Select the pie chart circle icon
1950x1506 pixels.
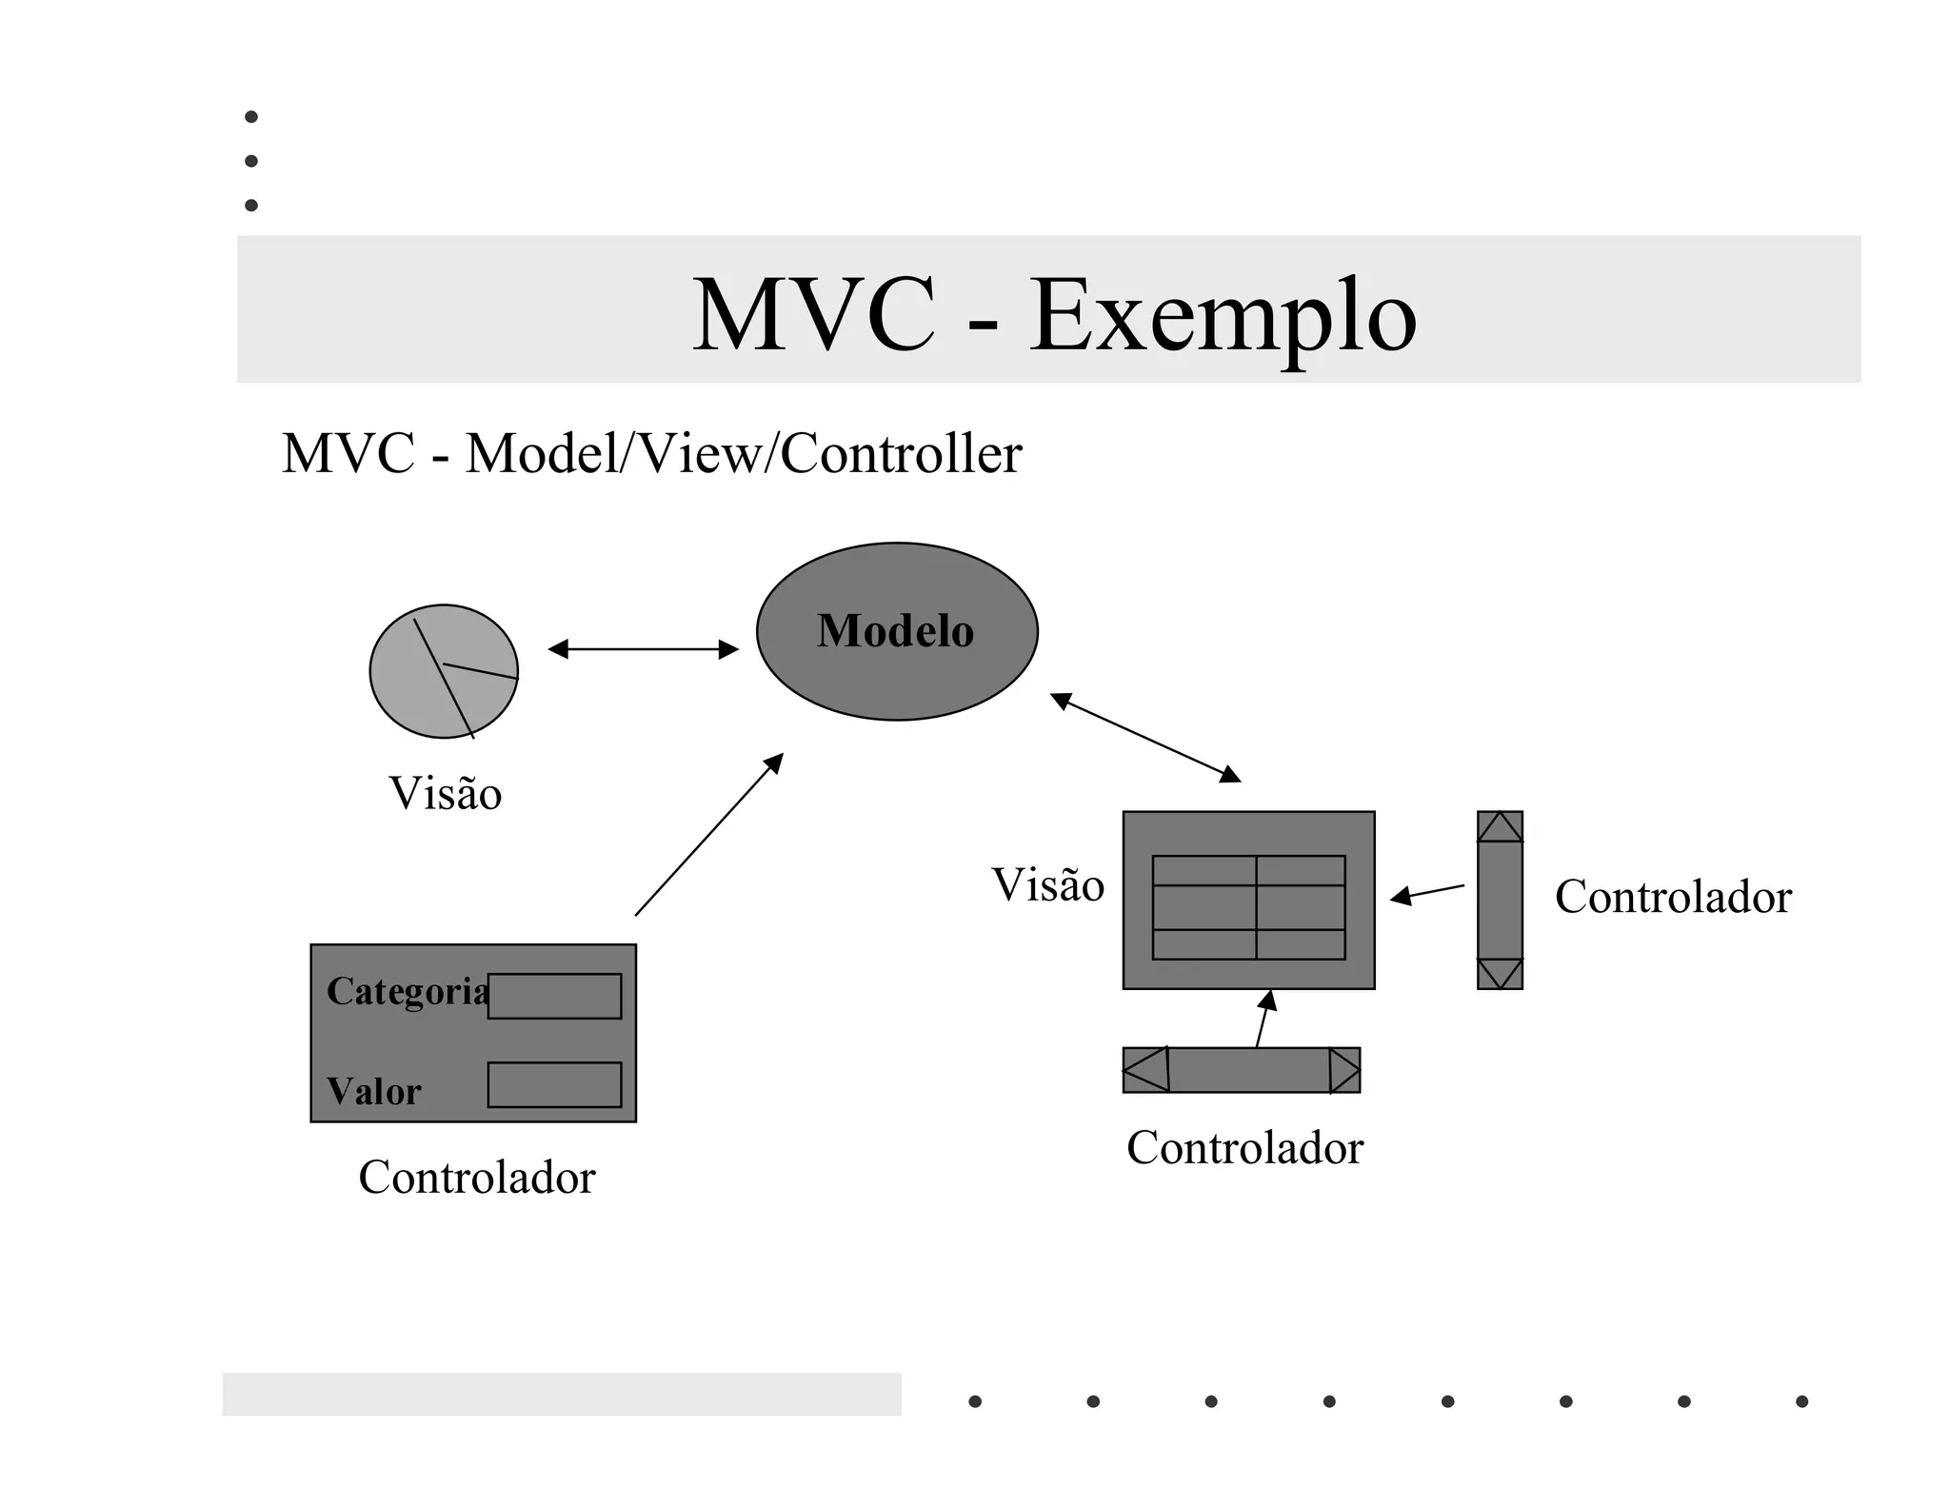444,671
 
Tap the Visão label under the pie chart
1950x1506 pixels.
445,793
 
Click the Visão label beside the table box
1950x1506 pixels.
1047,884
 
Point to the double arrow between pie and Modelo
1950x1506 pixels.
643,649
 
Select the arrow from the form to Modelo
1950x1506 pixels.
708,835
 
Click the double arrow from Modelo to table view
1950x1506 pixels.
1144,737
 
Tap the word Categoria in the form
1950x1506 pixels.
407,991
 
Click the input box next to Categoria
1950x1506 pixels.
554,996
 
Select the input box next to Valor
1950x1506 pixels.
554,1084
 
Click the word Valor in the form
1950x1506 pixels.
373,1091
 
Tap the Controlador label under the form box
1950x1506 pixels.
476,1178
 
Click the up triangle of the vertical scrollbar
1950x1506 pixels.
1500,828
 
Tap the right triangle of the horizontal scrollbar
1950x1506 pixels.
1343,1070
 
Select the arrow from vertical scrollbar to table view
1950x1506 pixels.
1427,892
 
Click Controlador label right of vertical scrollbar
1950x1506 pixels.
1673,897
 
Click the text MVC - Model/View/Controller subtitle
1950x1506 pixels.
651,453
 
